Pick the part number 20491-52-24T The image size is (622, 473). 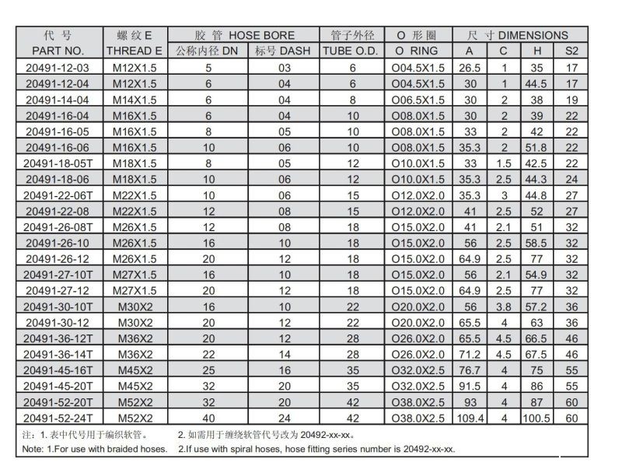[x=58, y=419]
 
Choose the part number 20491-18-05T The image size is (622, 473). [x=58, y=163]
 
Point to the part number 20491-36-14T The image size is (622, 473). [x=58, y=355]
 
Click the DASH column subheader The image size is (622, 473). [x=283, y=51]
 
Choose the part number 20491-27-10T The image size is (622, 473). [x=58, y=275]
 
